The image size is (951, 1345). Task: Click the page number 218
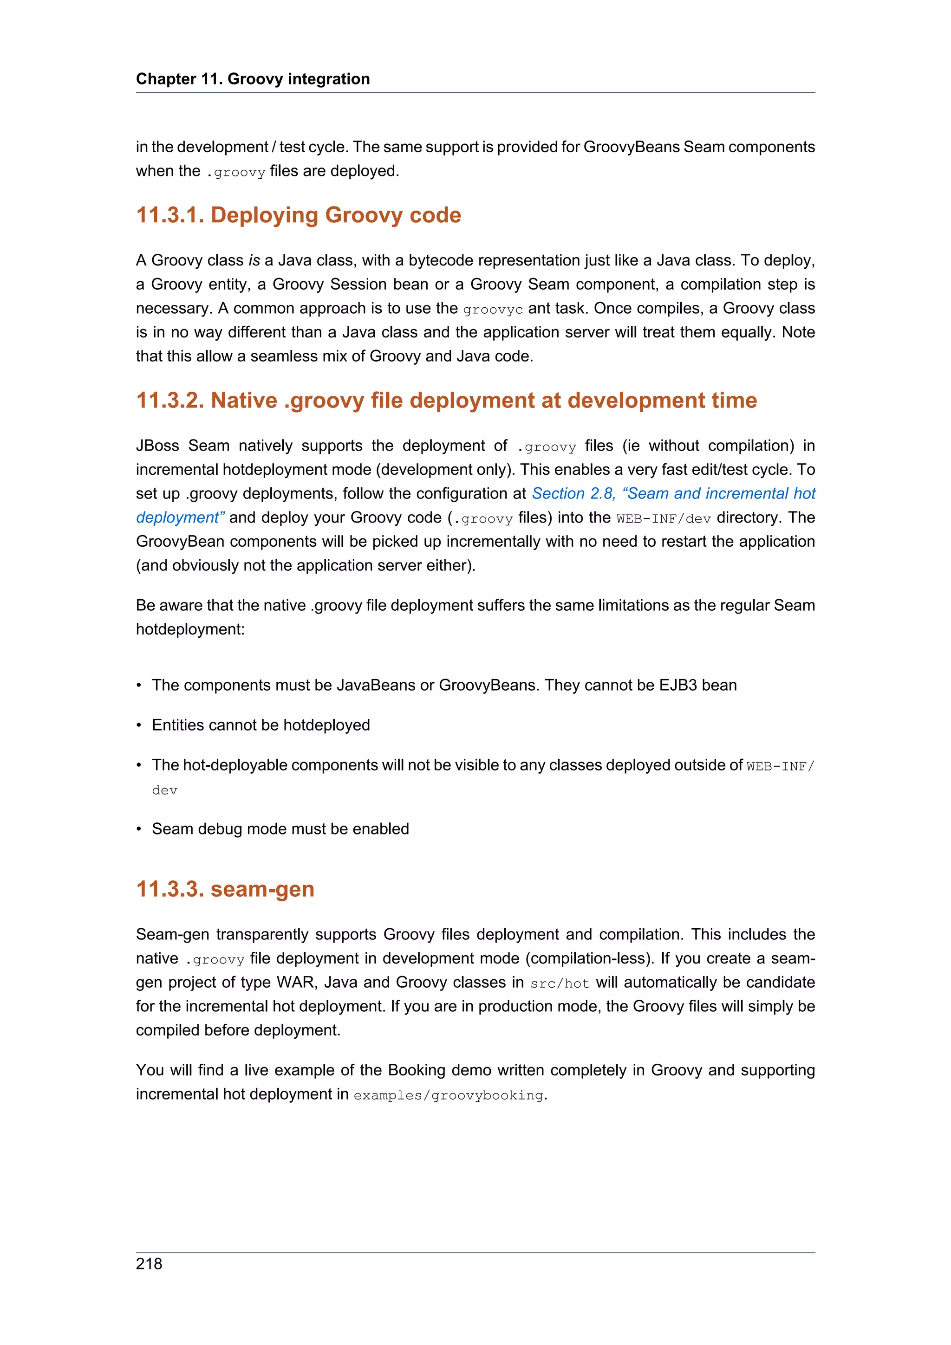[149, 1264]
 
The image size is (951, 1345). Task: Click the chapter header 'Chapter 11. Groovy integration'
[253, 78]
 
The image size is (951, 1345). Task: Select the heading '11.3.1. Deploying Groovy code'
[298, 215]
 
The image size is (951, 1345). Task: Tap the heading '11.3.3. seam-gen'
[225, 889]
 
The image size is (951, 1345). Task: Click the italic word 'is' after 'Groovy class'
[254, 260]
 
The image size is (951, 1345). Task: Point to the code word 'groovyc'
[492, 309]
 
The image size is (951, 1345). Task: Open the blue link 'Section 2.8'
[573, 493]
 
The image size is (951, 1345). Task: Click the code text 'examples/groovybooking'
[448, 1095]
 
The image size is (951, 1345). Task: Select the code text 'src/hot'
[559, 983]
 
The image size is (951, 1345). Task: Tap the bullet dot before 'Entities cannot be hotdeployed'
[139, 725]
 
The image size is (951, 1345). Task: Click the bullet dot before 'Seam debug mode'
[139, 829]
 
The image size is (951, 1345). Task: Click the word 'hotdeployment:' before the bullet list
[190, 629]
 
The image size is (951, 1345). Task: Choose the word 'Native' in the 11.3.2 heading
[244, 400]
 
